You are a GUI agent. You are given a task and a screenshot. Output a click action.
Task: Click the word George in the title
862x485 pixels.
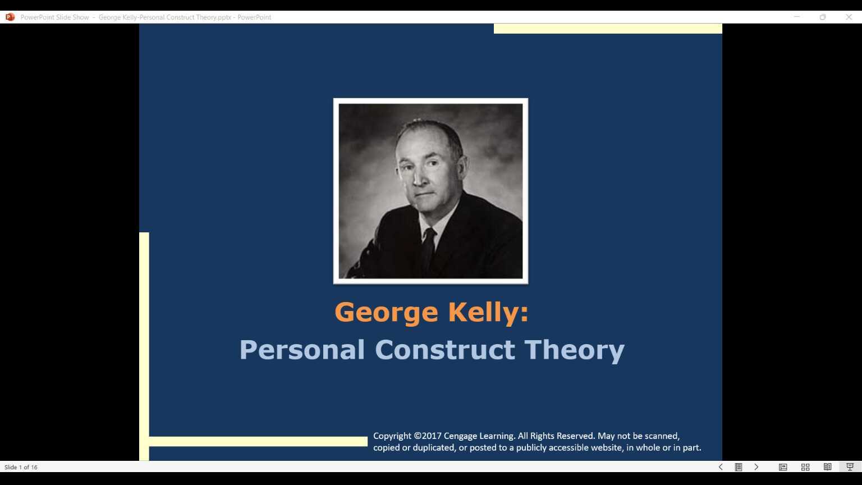pyautogui.click(x=386, y=312)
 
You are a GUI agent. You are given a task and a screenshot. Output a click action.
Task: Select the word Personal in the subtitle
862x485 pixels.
pyautogui.click(x=302, y=350)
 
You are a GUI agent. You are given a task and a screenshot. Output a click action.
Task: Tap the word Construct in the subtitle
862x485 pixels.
pyautogui.click(x=444, y=350)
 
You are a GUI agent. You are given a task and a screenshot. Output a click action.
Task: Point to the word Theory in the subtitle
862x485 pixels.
pyautogui.click(x=574, y=350)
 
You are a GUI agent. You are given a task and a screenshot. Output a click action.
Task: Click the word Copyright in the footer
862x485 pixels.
pyautogui.click(x=392, y=436)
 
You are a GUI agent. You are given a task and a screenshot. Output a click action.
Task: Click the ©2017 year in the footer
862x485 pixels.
pyautogui.click(x=428, y=436)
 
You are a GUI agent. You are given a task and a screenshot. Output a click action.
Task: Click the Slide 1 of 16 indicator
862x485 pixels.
pyautogui.click(x=21, y=467)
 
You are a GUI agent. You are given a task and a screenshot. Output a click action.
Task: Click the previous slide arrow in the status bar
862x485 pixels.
pyautogui.click(x=721, y=467)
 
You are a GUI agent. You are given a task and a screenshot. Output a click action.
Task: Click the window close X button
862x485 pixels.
pyautogui.click(x=849, y=17)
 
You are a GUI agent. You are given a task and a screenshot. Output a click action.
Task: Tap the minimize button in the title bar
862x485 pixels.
pyautogui.click(x=796, y=17)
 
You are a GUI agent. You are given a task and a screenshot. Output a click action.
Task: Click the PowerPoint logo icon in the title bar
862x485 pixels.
pyautogui.click(x=10, y=17)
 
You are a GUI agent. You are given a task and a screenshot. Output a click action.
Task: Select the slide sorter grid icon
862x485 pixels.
pyautogui.click(x=805, y=467)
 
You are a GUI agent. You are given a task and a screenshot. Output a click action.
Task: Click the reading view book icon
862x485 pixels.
pyautogui.click(x=827, y=467)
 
